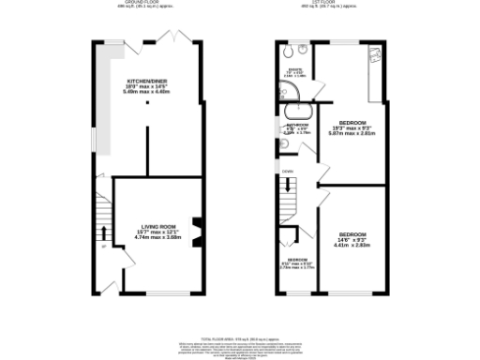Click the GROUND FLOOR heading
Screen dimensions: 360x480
point(151,4)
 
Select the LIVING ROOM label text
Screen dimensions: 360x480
point(159,226)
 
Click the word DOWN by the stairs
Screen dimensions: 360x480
point(289,172)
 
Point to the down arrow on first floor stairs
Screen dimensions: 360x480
point(289,186)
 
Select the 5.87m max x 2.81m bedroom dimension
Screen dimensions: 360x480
point(352,133)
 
